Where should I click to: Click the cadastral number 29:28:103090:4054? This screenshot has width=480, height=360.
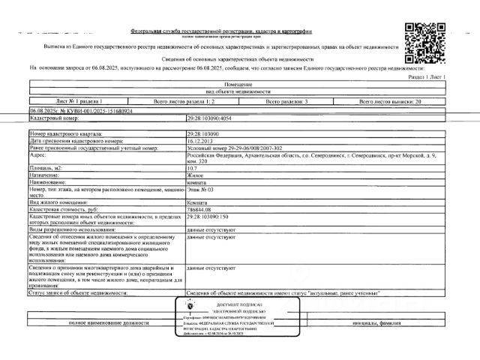(x=214, y=118)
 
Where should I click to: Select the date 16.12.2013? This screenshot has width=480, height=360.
(x=200, y=141)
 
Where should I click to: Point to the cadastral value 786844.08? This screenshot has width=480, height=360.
(x=201, y=209)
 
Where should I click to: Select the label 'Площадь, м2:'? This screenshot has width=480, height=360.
(x=47, y=169)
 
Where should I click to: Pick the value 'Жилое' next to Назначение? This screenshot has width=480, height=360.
(x=195, y=175)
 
